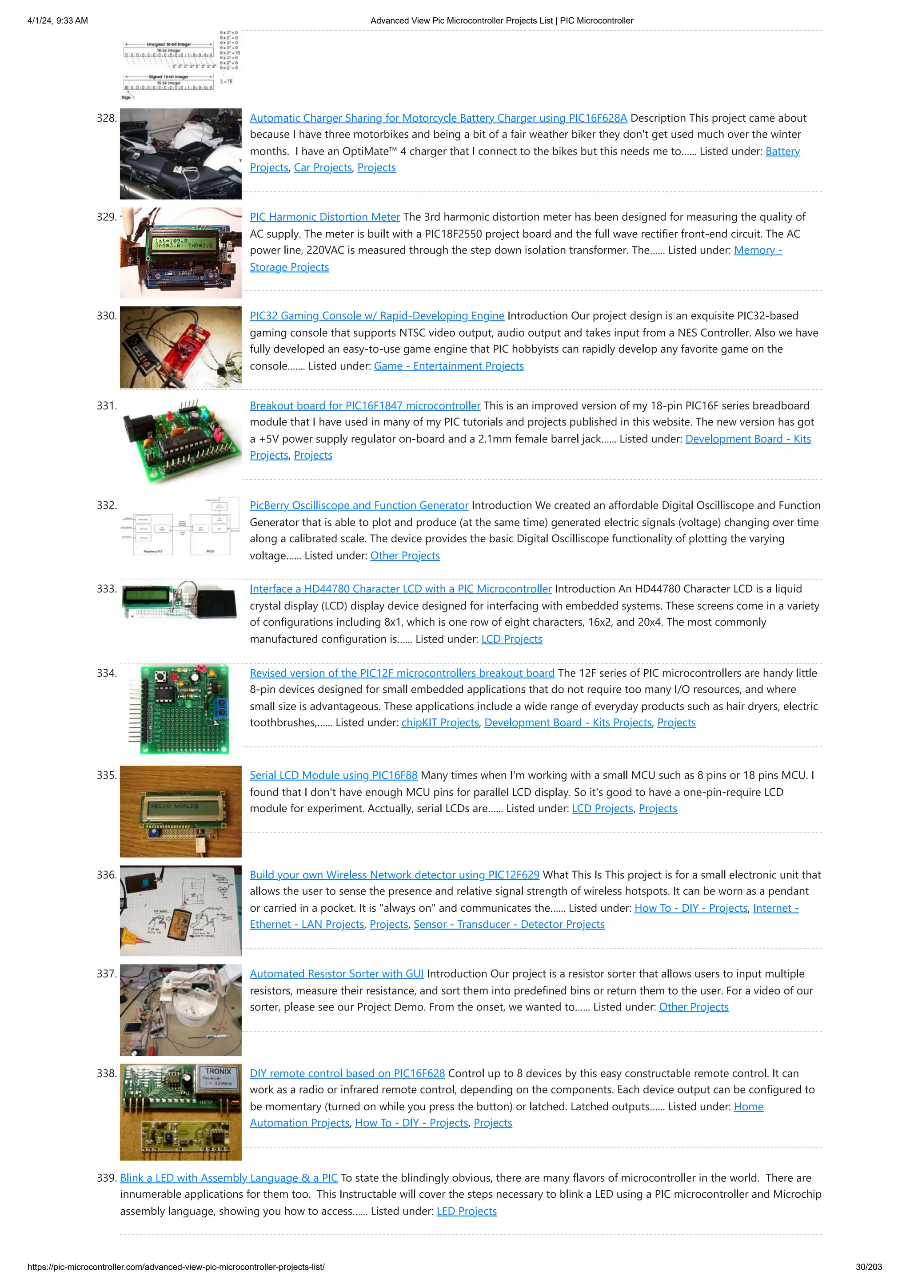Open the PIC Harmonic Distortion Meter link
[x=325, y=217]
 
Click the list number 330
[x=107, y=316]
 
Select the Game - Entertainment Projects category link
[x=448, y=366]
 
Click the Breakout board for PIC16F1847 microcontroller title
[x=365, y=405]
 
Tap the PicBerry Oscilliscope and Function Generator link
[x=359, y=505]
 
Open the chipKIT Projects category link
[x=440, y=723]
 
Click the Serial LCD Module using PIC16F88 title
[x=334, y=775]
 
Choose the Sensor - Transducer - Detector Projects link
[x=509, y=924]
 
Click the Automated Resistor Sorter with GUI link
[x=336, y=973]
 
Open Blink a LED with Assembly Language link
[x=229, y=1178]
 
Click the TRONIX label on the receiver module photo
[x=218, y=1071]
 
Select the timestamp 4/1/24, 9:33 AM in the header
[x=58, y=21]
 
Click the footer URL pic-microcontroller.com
[x=176, y=1267]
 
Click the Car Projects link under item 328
[x=323, y=167]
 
